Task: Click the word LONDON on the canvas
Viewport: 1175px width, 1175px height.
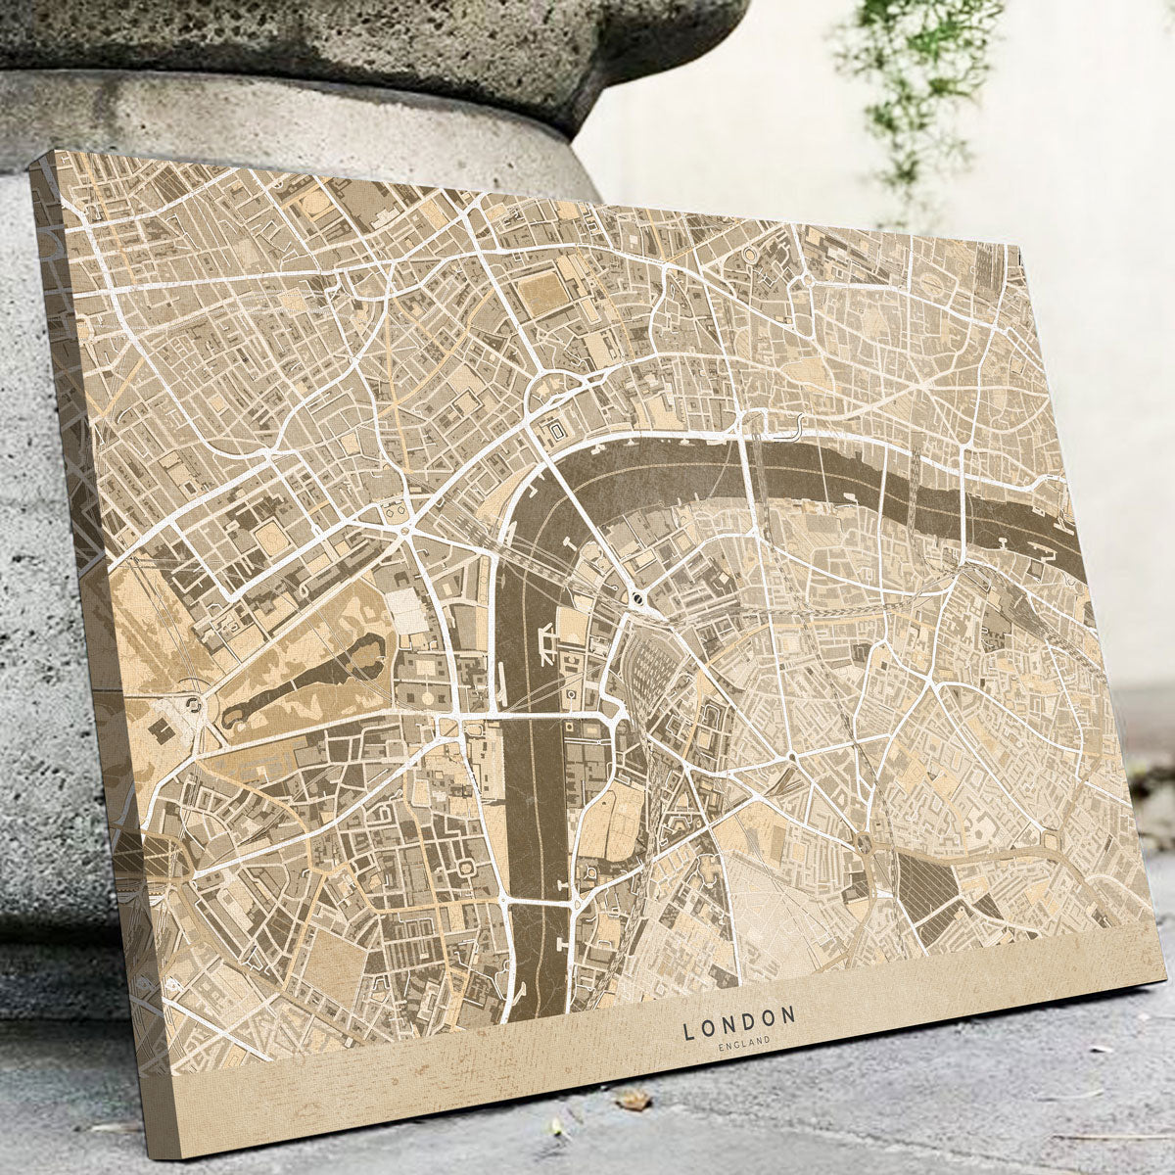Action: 739,1026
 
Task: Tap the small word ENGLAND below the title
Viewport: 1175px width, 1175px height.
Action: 743,1047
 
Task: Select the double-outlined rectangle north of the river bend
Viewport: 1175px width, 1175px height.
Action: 557,430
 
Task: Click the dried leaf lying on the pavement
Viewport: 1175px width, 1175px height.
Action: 634,1102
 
